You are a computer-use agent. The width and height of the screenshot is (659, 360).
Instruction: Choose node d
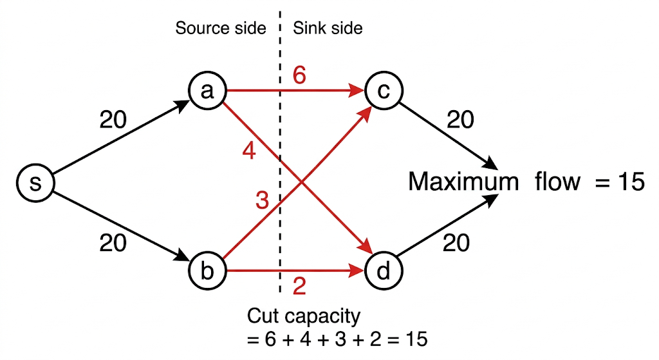383,270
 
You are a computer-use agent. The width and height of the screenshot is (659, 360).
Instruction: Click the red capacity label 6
299,75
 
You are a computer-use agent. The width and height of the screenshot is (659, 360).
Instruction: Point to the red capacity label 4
250,152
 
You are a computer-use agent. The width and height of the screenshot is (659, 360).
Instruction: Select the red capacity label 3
261,201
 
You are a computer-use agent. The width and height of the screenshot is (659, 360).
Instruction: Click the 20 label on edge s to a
113,120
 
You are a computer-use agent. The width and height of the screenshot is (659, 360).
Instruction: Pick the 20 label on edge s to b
113,243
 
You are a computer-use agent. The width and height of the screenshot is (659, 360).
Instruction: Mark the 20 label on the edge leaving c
460,120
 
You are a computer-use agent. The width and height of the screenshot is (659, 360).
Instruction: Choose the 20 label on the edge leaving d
456,243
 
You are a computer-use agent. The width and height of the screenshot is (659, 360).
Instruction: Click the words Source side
221,28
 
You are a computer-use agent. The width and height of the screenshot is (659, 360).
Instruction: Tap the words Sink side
328,28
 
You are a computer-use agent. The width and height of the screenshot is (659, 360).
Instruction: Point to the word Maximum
463,182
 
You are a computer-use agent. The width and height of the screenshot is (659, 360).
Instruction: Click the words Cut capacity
304,317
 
